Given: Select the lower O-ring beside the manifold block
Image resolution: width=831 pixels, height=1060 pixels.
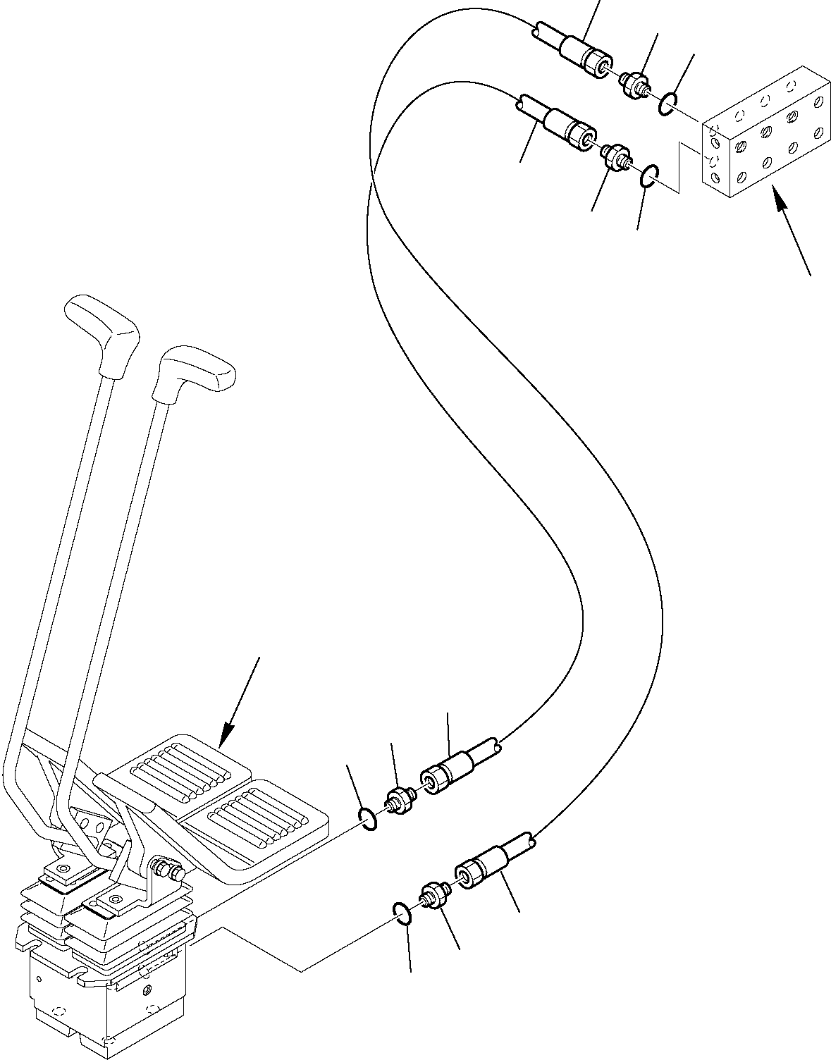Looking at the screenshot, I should [x=651, y=178].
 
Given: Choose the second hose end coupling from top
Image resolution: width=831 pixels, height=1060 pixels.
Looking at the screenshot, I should [x=568, y=128].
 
